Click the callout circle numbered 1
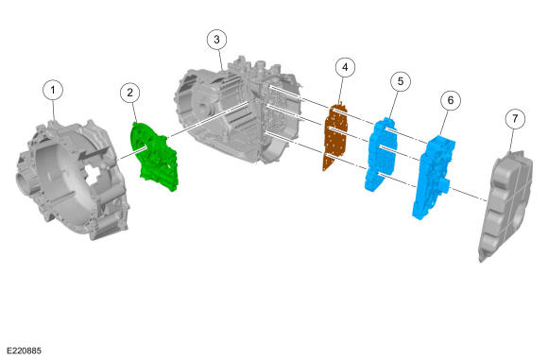point(53,90)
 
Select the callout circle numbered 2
point(130,93)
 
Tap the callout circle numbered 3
point(216,40)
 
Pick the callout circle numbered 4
point(345,67)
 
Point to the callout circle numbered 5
point(401,81)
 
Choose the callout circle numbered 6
point(451,100)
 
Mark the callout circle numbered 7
point(515,119)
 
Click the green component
point(154,157)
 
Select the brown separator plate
point(335,137)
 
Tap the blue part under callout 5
point(381,154)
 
